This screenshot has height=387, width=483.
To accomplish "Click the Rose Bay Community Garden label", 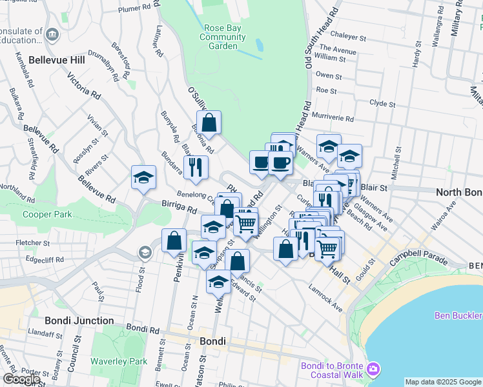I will tap(223, 37).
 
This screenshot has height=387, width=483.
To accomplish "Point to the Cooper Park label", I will tap(46, 214).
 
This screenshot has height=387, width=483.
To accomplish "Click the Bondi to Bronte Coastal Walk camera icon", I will tap(374, 369).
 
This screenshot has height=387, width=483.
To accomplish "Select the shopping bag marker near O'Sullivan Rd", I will tap(209, 122).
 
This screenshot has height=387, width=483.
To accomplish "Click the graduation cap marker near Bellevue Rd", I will tap(143, 177).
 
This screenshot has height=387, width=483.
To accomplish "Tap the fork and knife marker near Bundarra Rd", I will tap(196, 167).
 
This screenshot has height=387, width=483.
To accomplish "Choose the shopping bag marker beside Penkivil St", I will tap(174, 241).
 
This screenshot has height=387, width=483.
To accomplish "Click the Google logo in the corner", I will tap(21, 379).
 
